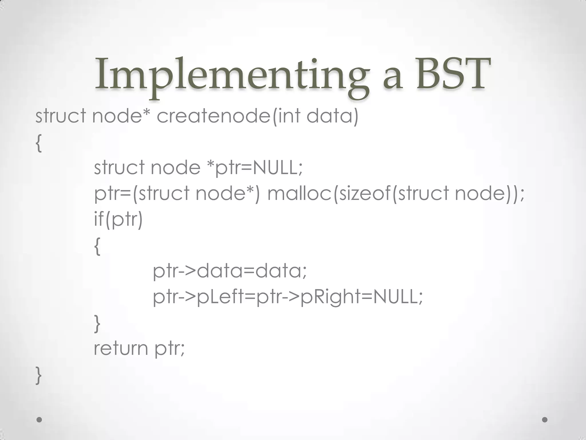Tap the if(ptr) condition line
pyautogui.click(x=118, y=219)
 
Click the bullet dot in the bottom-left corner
pyautogui.click(x=39, y=420)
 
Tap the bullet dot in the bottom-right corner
pyautogui.click(x=545, y=420)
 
